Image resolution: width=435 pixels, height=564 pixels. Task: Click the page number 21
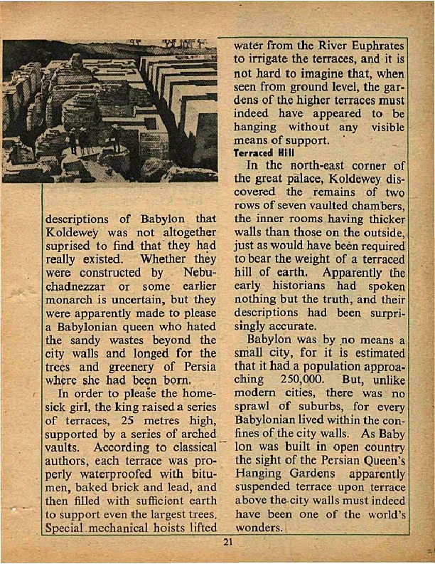227,545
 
